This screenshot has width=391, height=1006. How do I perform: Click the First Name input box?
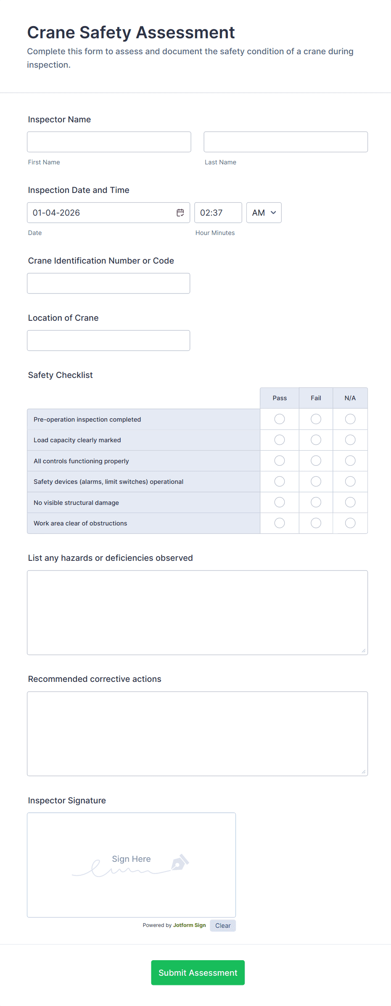[x=109, y=142]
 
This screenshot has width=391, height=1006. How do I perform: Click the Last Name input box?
[x=285, y=142]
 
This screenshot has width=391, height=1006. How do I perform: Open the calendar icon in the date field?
[x=180, y=213]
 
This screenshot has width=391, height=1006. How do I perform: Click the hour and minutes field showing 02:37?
[x=218, y=213]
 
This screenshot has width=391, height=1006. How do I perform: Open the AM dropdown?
[x=264, y=213]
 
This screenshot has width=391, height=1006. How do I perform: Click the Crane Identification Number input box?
[x=108, y=283]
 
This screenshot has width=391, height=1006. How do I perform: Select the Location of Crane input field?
[x=108, y=341]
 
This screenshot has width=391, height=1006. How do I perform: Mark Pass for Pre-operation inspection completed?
[x=280, y=419]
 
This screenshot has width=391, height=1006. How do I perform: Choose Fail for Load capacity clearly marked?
[x=316, y=440]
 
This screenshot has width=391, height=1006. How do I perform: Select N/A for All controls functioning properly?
[x=350, y=461]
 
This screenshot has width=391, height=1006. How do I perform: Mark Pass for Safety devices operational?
[x=280, y=482]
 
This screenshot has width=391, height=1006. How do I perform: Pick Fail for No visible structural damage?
[x=316, y=502]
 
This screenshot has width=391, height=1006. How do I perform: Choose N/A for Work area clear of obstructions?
[x=350, y=523]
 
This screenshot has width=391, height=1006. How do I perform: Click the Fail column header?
[x=316, y=398]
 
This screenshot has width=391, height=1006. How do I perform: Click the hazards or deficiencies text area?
[x=197, y=613]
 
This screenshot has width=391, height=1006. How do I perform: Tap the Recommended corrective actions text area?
[x=197, y=734]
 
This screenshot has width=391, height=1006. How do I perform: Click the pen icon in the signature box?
[x=180, y=862]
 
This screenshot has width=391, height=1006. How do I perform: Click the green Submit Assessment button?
[x=198, y=973]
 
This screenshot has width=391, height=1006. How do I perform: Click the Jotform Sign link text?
[x=189, y=925]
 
